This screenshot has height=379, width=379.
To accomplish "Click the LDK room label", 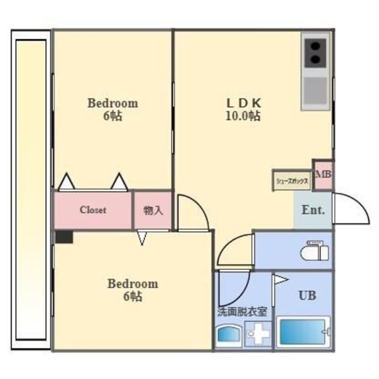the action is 244,103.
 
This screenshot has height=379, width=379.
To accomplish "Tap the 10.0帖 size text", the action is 243,116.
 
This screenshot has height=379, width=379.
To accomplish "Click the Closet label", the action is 93,210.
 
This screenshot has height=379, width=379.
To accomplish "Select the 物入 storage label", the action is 153,211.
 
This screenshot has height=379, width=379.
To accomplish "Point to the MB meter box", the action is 323,175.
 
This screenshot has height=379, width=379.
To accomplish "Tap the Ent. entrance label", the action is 313,210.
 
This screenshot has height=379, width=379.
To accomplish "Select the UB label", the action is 307,295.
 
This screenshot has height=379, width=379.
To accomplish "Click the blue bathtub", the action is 302,332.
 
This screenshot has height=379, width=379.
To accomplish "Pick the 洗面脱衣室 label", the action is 242,312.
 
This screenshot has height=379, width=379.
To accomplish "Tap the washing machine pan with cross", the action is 258,334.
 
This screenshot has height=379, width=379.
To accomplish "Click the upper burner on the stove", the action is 315,46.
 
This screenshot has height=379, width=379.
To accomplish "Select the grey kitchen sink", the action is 315,91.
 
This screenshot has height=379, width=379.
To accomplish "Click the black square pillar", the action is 64,237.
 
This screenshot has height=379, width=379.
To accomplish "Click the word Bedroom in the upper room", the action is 113,103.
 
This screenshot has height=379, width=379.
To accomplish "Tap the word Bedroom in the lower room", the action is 133,284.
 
